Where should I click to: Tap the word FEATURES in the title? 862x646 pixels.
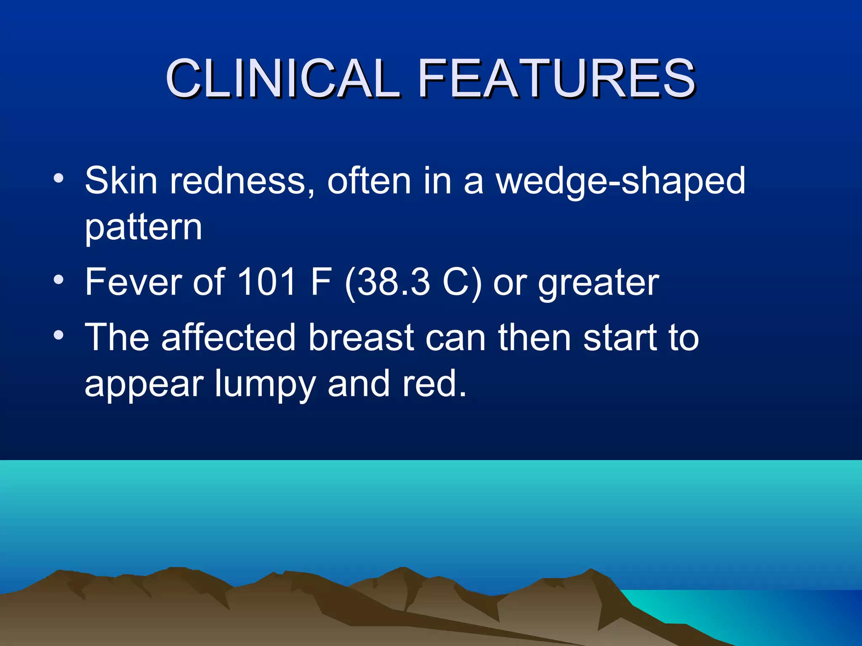tap(556, 79)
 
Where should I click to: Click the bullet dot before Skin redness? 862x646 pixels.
tap(59, 178)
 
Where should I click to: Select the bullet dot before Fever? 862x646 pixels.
tap(59, 279)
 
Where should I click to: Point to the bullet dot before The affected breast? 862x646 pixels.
tap(59, 335)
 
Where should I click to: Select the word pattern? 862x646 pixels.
tap(144, 228)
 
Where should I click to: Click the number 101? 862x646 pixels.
tap(267, 282)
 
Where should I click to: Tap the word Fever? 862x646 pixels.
tap(133, 282)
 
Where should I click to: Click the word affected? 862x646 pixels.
tap(229, 337)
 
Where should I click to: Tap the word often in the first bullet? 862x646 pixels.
tap(369, 180)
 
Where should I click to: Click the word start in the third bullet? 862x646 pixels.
tap(618, 338)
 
